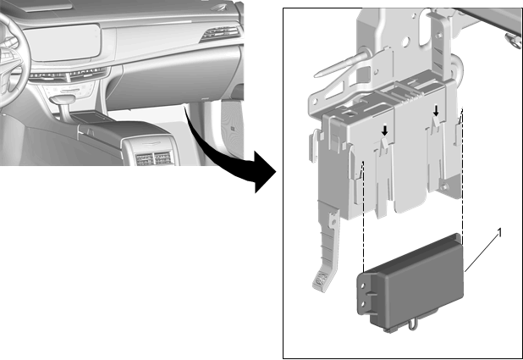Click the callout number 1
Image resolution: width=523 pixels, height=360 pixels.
coord(499,233)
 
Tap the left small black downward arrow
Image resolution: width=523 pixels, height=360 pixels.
coord(385,130)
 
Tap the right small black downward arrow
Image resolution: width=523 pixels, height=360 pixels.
coord(436,111)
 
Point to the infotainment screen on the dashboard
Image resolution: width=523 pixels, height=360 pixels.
coord(64,42)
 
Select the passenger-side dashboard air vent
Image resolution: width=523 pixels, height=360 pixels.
coord(220,33)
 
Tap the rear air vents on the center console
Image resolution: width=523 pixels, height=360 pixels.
coord(153,159)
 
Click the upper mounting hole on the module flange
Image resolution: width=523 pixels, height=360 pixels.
coord(363,286)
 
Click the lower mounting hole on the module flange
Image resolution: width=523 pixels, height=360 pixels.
coord(363,304)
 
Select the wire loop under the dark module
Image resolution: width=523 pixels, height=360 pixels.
coord(412,324)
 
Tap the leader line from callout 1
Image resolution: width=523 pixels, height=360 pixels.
coord(482,253)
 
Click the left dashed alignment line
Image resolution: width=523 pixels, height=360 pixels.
coord(364,217)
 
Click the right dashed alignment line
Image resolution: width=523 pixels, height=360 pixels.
coord(462,174)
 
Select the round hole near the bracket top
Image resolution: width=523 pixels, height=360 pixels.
coord(405,42)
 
